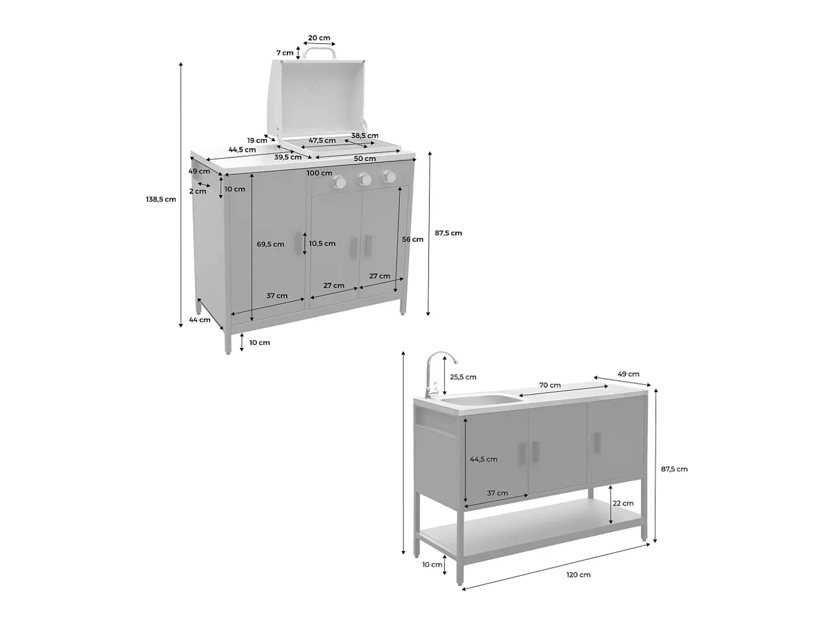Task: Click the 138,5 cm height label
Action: [161, 199]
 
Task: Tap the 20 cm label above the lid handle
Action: [319, 38]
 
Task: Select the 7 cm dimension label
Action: [284, 53]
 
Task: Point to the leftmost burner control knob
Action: [338, 183]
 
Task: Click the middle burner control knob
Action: [364, 179]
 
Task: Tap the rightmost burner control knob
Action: [389, 176]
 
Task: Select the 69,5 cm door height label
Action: [270, 244]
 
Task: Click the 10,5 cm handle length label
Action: [322, 243]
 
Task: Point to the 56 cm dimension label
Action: [412, 239]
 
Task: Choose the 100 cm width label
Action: [319, 173]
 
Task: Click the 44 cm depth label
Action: [199, 320]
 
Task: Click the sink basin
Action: [478, 400]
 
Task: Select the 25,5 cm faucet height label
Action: [463, 377]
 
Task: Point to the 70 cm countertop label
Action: [550, 385]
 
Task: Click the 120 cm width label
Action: [578, 575]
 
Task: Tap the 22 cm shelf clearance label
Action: [623, 503]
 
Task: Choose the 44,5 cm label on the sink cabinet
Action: [483, 459]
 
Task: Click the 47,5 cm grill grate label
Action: [322, 141]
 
